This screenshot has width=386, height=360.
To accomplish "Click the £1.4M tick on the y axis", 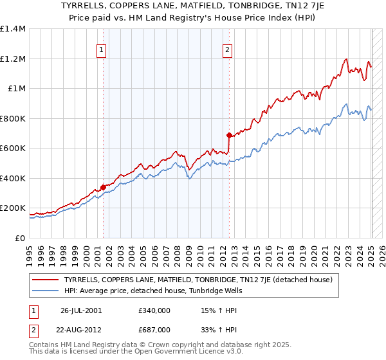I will [x=13, y=29].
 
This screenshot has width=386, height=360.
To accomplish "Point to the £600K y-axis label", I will [x=13, y=148].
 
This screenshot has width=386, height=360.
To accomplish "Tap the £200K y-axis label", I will [x=13, y=208].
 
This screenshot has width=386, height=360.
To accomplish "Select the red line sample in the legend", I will [x=46, y=280].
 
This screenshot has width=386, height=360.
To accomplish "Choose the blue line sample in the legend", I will [x=46, y=291].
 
